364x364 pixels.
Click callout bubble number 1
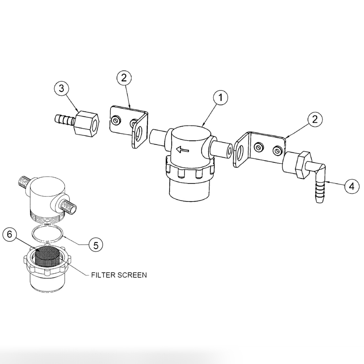click(221, 98)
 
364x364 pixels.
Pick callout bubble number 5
click(96, 245)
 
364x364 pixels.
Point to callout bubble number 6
click(10, 234)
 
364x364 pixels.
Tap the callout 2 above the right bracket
click(315, 119)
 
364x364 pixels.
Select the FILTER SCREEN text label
click(119, 275)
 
